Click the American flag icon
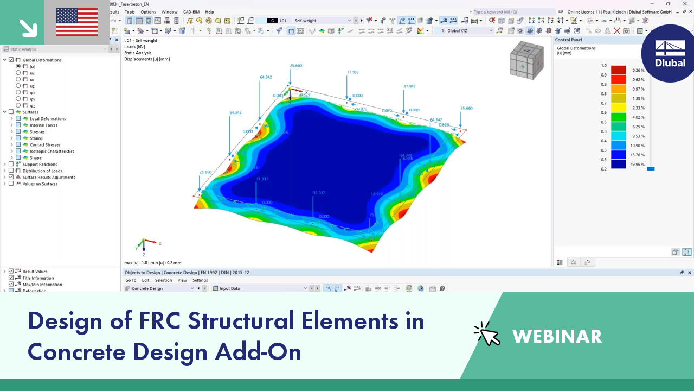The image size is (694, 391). point(77,22)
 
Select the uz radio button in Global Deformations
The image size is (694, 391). point(18,86)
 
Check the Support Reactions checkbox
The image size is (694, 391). point(11,164)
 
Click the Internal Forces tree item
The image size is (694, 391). point(43,125)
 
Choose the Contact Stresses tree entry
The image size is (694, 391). point(45,145)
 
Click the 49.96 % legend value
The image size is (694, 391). point(638,165)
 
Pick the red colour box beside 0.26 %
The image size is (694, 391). point(618,70)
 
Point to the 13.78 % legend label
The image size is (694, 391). point(638,155)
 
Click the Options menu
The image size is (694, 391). point(148,12)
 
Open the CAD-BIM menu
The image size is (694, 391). point(191,12)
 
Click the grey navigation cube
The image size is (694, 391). point(526,60)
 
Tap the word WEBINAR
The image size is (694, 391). point(557,337)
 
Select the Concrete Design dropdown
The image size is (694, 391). point(160,288)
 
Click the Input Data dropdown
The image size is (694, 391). point(260,288)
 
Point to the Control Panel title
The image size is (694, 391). point(568,40)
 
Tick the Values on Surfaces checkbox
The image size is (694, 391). point(11,184)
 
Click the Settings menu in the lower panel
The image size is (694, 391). point(200,280)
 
